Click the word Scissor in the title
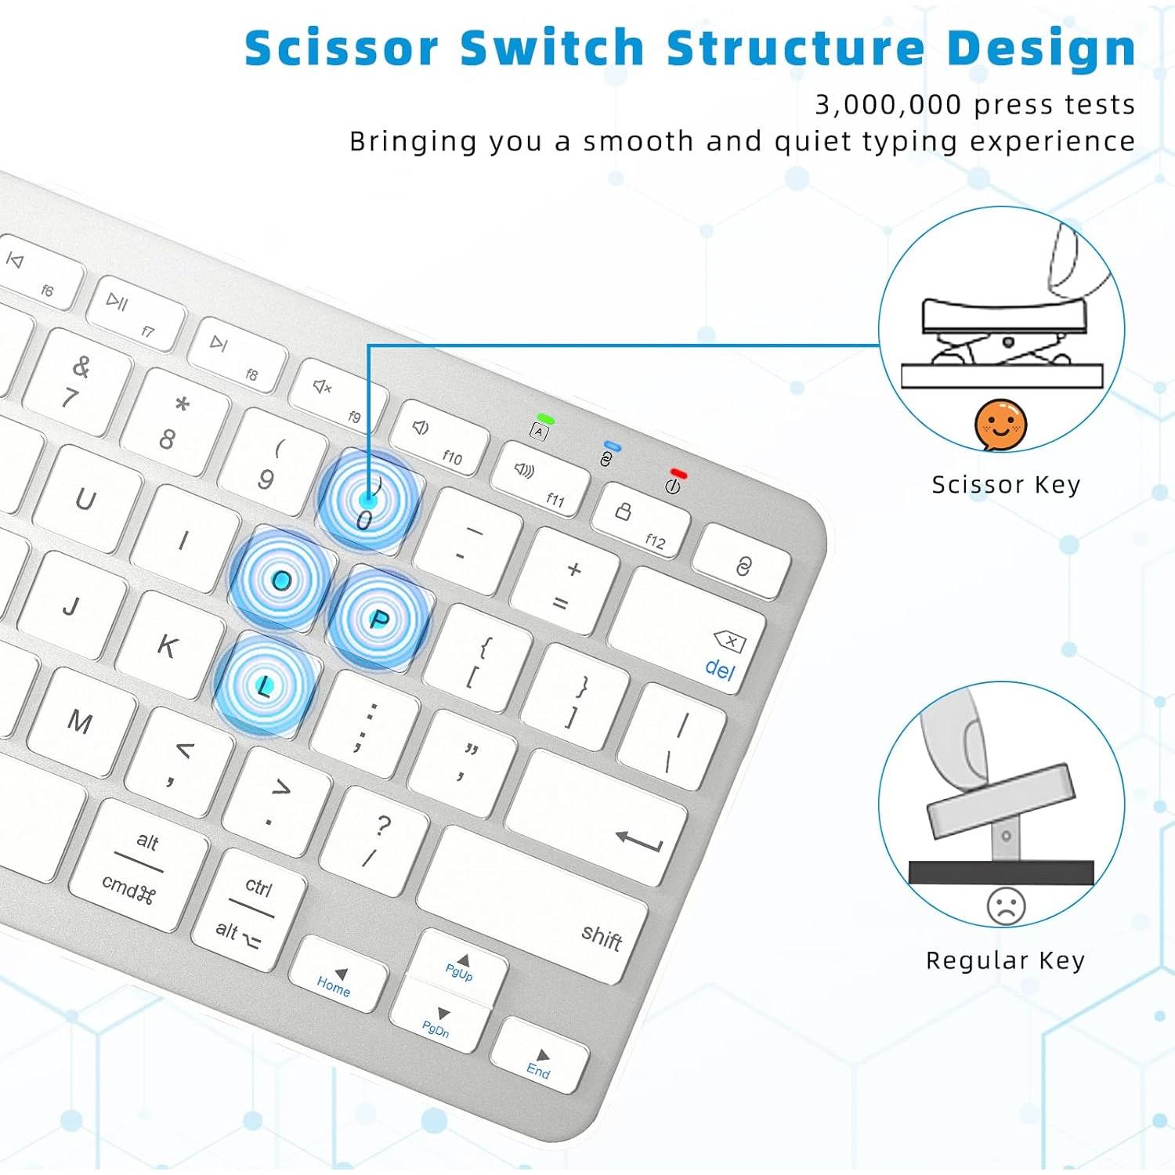tap(342, 49)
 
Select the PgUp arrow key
tap(459, 967)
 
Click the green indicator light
tap(545, 420)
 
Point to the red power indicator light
tap(678, 474)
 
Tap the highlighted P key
tap(378, 620)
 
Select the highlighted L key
tap(265, 686)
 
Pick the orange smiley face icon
tap(1000, 425)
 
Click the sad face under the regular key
tap(1006, 906)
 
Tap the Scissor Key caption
tap(1006, 485)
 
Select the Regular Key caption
tap(1005, 960)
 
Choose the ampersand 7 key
tap(76, 381)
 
